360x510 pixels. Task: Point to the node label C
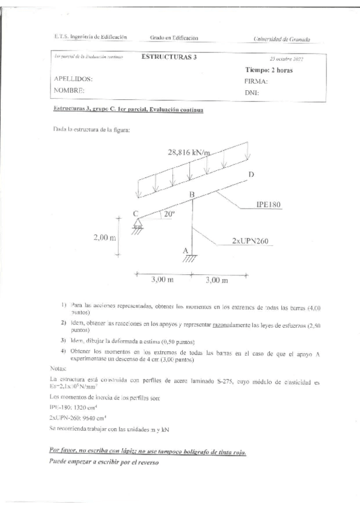[136, 214]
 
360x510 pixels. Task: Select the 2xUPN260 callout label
[249, 241]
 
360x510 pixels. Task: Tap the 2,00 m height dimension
[105, 238]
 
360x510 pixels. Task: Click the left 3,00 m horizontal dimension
[162, 280]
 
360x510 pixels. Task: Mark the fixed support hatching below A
[189, 259]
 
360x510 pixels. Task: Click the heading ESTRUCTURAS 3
[168, 57]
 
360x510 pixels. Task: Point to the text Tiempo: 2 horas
[269, 70]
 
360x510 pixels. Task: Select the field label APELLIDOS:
[73, 79]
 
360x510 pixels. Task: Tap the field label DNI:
[252, 93]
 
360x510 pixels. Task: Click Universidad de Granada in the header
[282, 39]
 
